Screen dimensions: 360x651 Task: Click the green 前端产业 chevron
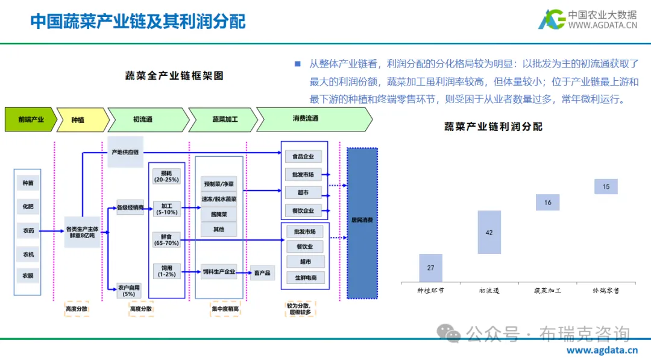tap(31, 119)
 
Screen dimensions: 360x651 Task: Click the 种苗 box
tap(28, 183)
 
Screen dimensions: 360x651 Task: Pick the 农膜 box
tap(28, 276)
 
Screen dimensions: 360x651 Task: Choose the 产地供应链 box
tap(125, 153)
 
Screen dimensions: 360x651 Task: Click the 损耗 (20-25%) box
tap(166, 176)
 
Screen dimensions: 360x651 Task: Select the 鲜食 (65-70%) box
tap(166, 240)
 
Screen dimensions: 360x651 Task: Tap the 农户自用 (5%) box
tap(129, 290)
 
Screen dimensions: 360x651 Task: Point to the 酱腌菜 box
tap(219, 213)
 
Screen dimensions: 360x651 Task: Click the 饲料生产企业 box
tap(219, 272)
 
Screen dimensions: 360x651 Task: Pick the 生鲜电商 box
tap(305, 278)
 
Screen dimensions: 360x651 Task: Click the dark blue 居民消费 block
tap(362, 223)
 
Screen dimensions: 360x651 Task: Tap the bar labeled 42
tap(489, 232)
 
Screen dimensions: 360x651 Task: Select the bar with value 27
tap(430, 268)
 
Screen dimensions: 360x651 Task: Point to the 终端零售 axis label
tap(605, 291)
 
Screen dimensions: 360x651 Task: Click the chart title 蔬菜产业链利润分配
tap(493, 127)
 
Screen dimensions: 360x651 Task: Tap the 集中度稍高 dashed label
tap(225, 309)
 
